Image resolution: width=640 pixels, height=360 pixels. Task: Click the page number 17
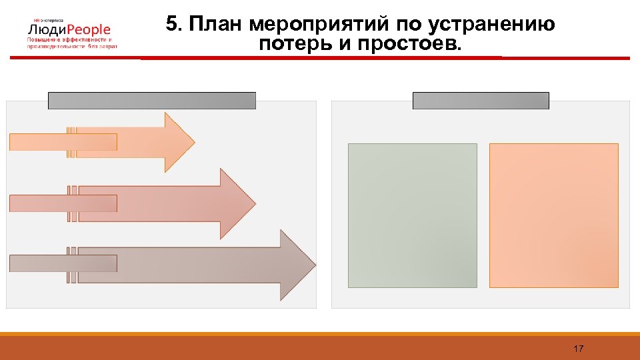pyautogui.click(x=578, y=349)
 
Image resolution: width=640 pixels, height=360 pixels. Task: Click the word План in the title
pyautogui.click(x=216, y=25)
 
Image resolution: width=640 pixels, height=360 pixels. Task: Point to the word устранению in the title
pyautogui.click(x=491, y=25)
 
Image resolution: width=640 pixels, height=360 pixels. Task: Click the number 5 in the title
pyautogui.click(x=172, y=25)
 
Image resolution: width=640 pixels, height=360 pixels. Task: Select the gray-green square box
pyautogui.click(x=413, y=215)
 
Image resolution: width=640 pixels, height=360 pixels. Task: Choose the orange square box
pyautogui.click(x=553, y=215)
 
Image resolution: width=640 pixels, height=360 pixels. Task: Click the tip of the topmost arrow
pyautogui.click(x=193, y=142)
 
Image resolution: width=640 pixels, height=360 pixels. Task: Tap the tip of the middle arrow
pyautogui.click(x=255, y=203)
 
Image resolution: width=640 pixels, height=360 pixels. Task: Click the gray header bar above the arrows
pyautogui.click(x=151, y=101)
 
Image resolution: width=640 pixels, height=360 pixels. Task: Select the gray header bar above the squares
pyautogui.click(x=481, y=101)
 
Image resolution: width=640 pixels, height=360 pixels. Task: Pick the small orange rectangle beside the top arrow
pyautogui.click(x=63, y=142)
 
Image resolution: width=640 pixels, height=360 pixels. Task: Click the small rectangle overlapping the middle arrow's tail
pyautogui.click(x=63, y=203)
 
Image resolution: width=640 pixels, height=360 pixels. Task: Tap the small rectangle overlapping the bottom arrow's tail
pyautogui.click(x=63, y=263)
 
